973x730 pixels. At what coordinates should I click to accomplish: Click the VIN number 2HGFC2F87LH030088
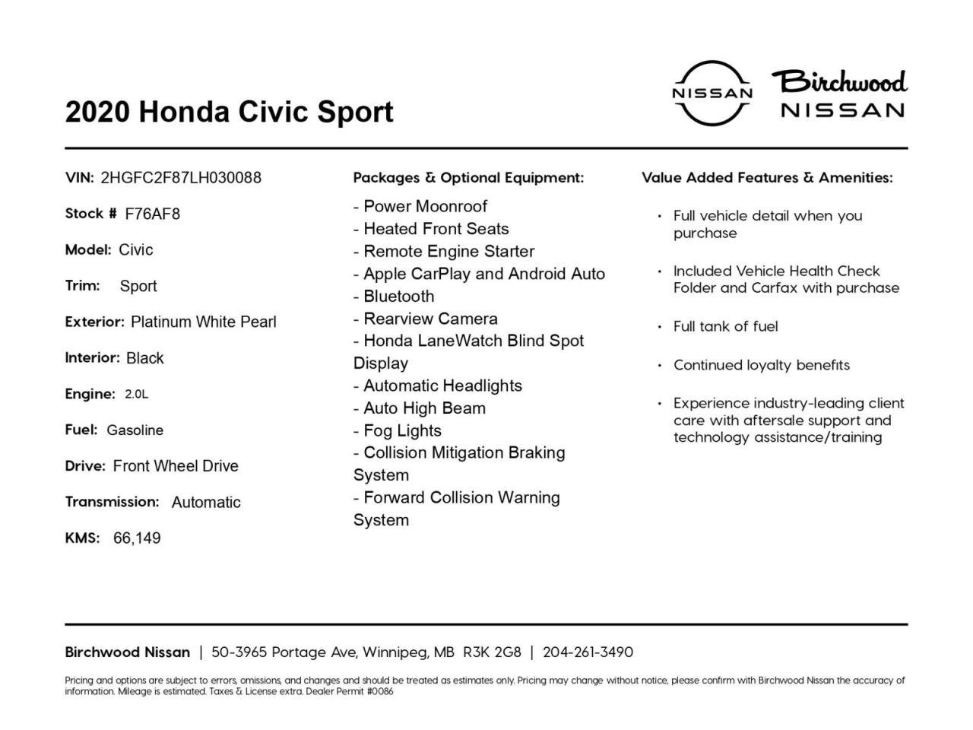(181, 178)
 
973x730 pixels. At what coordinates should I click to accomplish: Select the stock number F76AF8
(153, 214)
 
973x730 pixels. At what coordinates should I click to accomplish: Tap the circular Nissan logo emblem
(712, 93)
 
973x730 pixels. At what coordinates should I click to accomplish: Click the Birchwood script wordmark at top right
(840, 81)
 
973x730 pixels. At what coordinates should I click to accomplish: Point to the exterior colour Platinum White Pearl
(204, 322)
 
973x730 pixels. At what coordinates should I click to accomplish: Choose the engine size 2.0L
(137, 394)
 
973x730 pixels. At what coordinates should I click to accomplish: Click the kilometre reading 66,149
(137, 538)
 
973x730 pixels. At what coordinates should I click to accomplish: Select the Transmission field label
(112, 502)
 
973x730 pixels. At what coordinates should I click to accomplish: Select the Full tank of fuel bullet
(725, 326)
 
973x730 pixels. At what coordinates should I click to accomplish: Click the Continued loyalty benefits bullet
(761, 365)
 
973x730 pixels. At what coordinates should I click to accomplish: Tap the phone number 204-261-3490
(588, 652)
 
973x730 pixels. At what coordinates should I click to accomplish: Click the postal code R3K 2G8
(492, 652)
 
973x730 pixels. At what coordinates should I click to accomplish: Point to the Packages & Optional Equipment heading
(468, 178)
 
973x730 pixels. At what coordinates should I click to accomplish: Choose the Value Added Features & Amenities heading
(767, 178)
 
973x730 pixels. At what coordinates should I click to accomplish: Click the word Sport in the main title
(355, 112)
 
